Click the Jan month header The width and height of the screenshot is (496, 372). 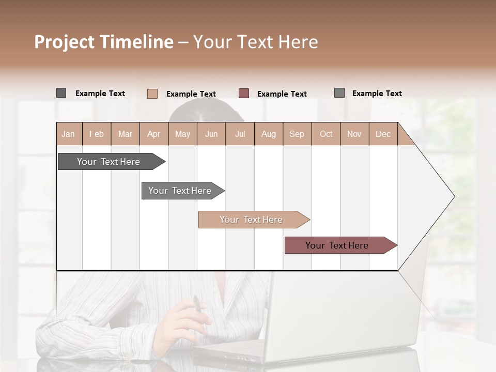point(68,134)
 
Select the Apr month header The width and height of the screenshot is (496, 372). point(153,134)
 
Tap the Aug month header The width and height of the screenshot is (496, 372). point(268,134)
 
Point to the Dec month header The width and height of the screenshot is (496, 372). point(383,134)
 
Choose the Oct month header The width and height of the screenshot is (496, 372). point(326,134)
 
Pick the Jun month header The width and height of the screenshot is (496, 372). point(211,134)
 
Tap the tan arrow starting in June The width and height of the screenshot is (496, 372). point(252,220)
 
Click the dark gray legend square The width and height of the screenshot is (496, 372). point(61,93)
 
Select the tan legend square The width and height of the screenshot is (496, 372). point(152,94)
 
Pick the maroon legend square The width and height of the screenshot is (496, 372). point(244,93)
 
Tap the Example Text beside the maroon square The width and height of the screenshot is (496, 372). point(282,94)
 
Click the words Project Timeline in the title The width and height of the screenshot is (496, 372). point(103,41)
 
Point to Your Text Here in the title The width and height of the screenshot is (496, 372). point(256,41)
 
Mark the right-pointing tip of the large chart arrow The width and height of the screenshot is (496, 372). point(454,196)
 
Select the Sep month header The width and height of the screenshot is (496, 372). point(297,134)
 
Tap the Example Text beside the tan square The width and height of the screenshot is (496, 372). point(191,94)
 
